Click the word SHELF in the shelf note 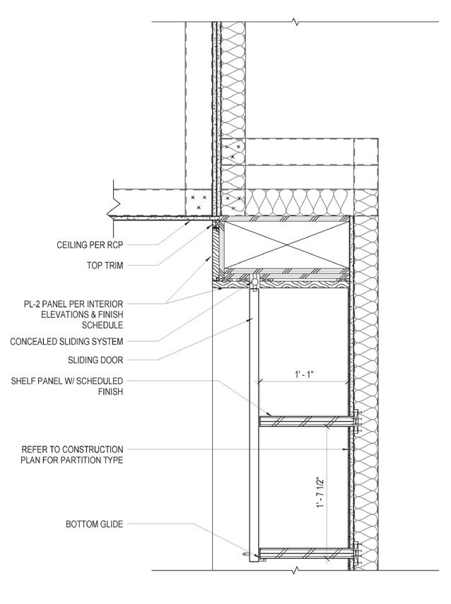[x=23, y=381]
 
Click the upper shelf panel [x=304, y=421]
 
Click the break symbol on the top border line [x=296, y=23]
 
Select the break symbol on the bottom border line [x=296, y=569]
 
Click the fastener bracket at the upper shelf [x=356, y=421]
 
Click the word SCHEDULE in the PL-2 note [x=102, y=326]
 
